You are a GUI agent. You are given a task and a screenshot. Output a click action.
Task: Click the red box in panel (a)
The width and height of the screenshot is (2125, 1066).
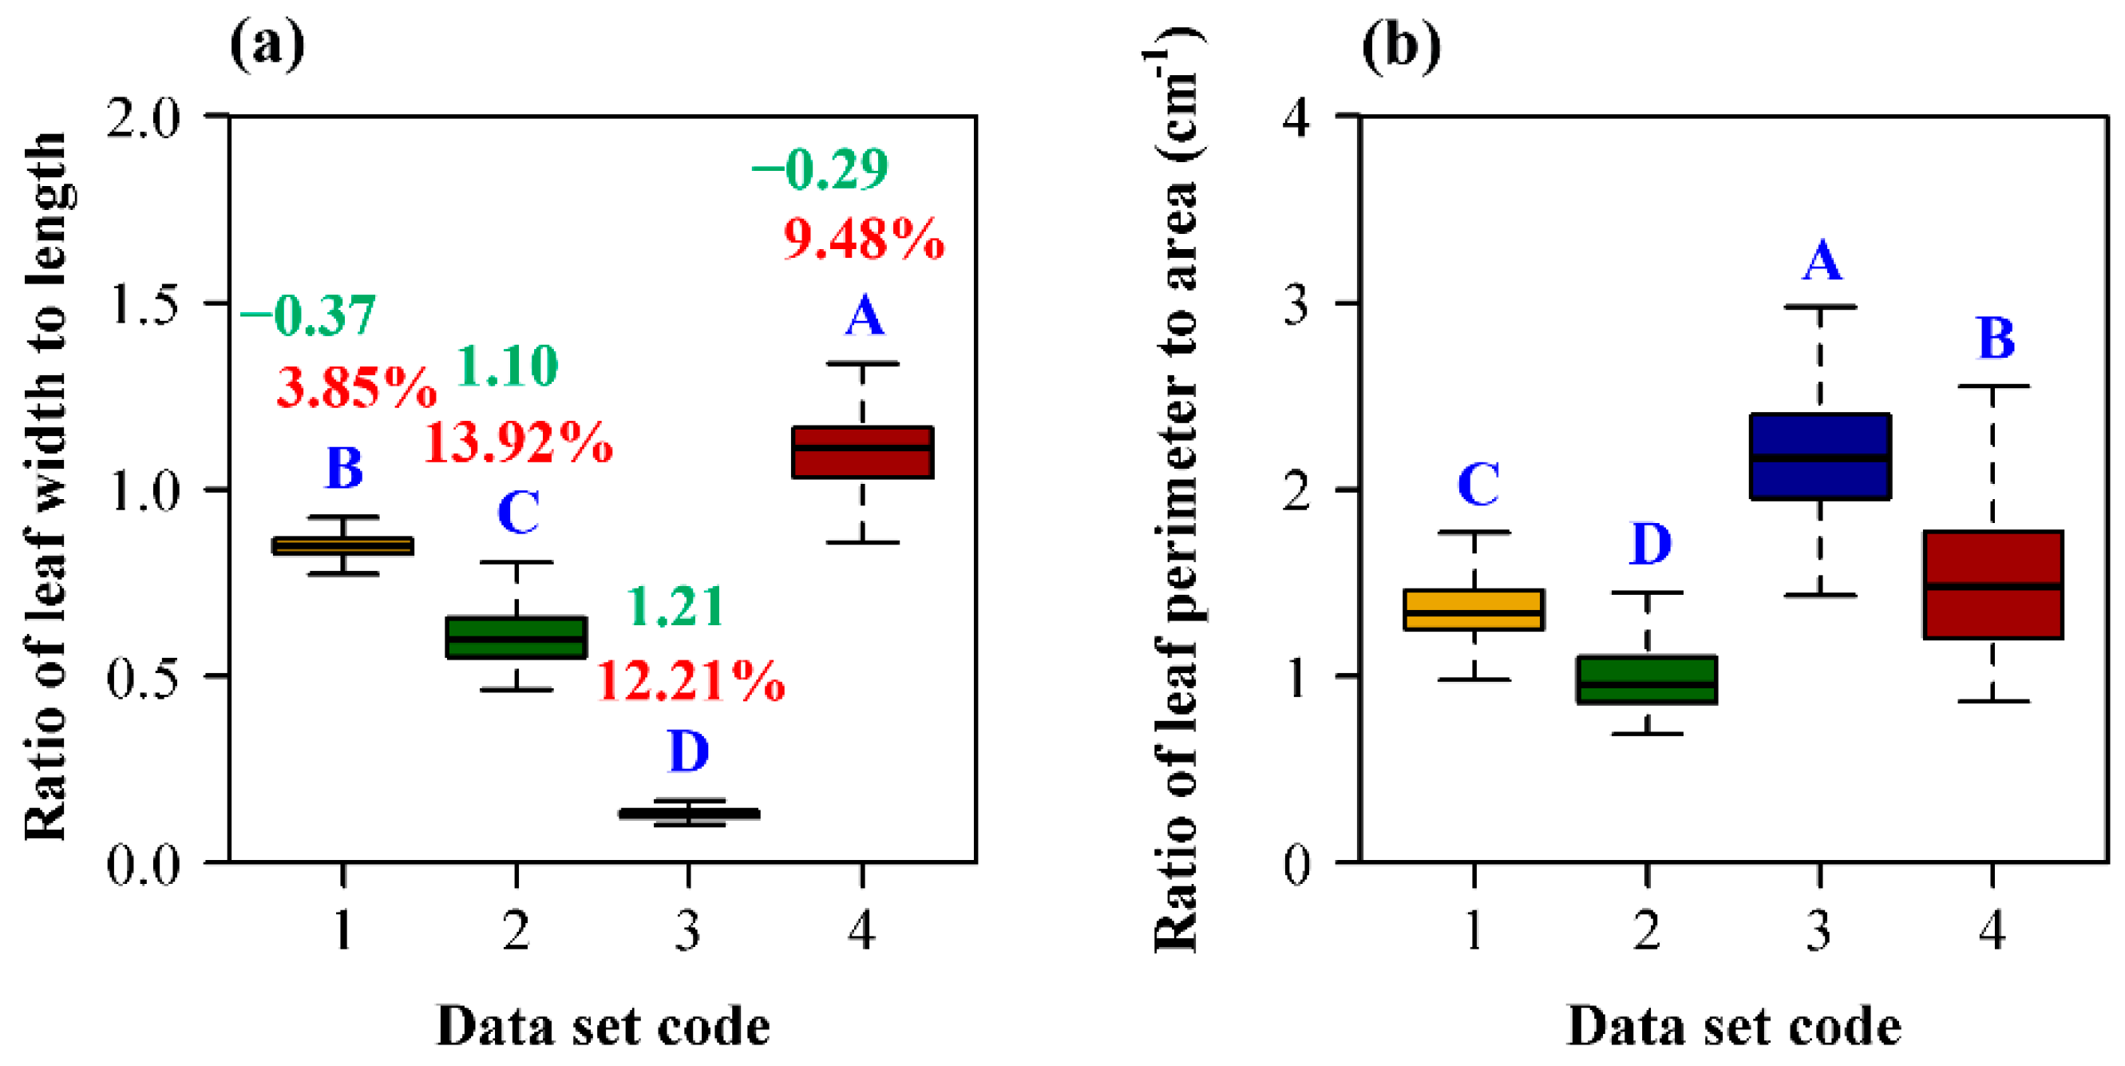click(862, 452)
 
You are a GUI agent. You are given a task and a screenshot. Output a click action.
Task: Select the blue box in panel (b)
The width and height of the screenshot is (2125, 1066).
click(1820, 456)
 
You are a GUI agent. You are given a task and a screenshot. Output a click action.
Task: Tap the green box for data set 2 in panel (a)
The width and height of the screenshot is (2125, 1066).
click(516, 637)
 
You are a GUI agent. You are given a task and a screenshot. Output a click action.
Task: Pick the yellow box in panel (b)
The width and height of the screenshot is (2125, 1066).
click(1474, 610)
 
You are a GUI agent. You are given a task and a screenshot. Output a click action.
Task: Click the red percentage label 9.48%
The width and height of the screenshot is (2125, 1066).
click(863, 240)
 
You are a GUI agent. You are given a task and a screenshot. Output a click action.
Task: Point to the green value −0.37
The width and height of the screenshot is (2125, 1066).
click(307, 315)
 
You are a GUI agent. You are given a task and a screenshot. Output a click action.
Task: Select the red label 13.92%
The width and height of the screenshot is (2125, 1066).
click(518, 442)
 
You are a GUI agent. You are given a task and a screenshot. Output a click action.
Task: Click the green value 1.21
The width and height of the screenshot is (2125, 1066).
click(676, 606)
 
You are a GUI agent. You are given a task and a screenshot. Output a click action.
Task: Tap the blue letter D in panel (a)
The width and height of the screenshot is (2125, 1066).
click(689, 751)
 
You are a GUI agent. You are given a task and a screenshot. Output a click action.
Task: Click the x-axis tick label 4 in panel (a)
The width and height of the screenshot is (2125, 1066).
click(861, 931)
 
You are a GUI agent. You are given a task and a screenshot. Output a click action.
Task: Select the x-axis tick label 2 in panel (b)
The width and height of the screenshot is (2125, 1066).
click(1647, 931)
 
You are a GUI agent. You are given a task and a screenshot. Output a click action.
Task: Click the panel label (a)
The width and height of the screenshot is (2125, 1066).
click(267, 46)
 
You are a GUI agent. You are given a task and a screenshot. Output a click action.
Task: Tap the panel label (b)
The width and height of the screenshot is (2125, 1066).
click(1400, 46)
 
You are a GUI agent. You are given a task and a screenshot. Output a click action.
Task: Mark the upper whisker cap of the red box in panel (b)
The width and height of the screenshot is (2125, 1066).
click(1993, 386)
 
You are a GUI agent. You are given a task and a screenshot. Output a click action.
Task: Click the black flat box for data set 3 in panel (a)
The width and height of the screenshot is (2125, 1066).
click(689, 814)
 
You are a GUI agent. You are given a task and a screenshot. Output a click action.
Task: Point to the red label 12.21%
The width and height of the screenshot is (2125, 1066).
click(691, 681)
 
